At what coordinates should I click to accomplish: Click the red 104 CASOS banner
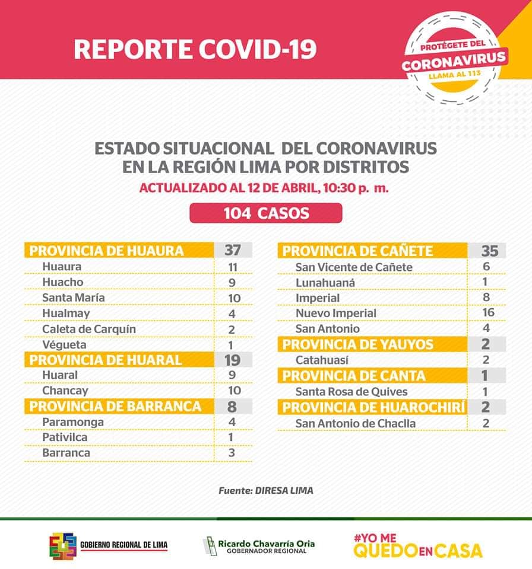(x=266, y=213)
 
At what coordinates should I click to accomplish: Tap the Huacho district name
(x=62, y=282)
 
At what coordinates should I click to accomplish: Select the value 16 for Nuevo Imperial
(x=488, y=312)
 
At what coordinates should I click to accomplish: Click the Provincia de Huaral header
(x=105, y=360)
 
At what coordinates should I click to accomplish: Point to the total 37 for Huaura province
(x=232, y=250)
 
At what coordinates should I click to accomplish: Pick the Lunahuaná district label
(x=325, y=283)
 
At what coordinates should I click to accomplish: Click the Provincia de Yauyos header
(x=357, y=344)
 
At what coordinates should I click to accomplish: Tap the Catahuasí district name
(x=322, y=360)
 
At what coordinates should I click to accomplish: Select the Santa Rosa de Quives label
(x=351, y=392)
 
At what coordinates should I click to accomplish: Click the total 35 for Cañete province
(x=489, y=251)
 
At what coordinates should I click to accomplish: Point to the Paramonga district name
(x=72, y=422)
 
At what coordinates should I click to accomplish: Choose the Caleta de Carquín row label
(x=89, y=329)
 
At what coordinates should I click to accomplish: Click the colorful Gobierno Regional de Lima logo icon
(x=63, y=546)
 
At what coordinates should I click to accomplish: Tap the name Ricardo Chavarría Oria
(x=266, y=544)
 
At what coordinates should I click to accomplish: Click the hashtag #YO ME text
(x=375, y=538)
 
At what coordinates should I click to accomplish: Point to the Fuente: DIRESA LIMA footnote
(x=266, y=491)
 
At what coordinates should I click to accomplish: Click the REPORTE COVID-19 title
(x=195, y=49)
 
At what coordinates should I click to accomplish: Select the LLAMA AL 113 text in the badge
(x=455, y=75)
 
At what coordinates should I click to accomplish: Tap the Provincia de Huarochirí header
(x=373, y=407)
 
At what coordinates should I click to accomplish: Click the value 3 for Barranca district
(x=232, y=453)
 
